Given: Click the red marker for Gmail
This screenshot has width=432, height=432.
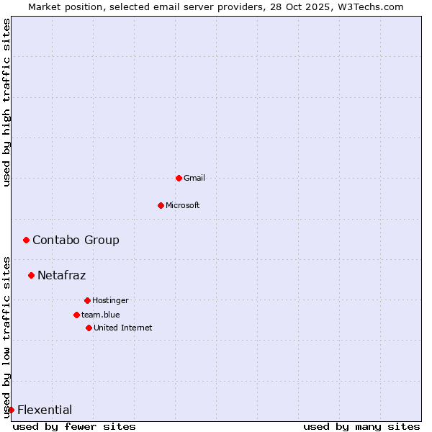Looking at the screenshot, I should (179, 178).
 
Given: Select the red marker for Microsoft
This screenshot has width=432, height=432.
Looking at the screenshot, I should (161, 205).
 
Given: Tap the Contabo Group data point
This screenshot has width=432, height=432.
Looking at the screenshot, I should (26, 240).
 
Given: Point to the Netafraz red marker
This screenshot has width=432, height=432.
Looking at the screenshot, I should (31, 275).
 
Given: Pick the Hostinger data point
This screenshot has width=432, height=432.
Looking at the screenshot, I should (87, 300).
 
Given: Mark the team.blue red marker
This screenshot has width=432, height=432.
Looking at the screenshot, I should (76, 315).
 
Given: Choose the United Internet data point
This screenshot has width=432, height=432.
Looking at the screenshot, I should (89, 328).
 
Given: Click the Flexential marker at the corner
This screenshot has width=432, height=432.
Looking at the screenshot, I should (11, 410).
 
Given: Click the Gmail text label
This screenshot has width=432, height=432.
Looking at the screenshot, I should (194, 178).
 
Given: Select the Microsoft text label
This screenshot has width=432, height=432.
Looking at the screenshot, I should (183, 205).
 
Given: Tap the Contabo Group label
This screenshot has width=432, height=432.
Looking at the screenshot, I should (76, 240).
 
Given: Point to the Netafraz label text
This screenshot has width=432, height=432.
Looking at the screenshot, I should (61, 275).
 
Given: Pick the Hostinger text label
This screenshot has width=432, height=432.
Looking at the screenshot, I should (110, 300).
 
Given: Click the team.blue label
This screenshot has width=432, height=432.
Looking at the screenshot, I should (101, 315).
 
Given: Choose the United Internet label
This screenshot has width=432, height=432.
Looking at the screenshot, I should (123, 328).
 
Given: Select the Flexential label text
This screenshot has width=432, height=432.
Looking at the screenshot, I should (45, 410).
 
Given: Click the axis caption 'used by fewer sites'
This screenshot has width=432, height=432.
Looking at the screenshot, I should (74, 426).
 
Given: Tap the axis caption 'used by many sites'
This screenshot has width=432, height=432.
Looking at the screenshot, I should (361, 426).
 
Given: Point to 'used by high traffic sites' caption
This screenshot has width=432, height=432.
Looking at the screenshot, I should (6, 102).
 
